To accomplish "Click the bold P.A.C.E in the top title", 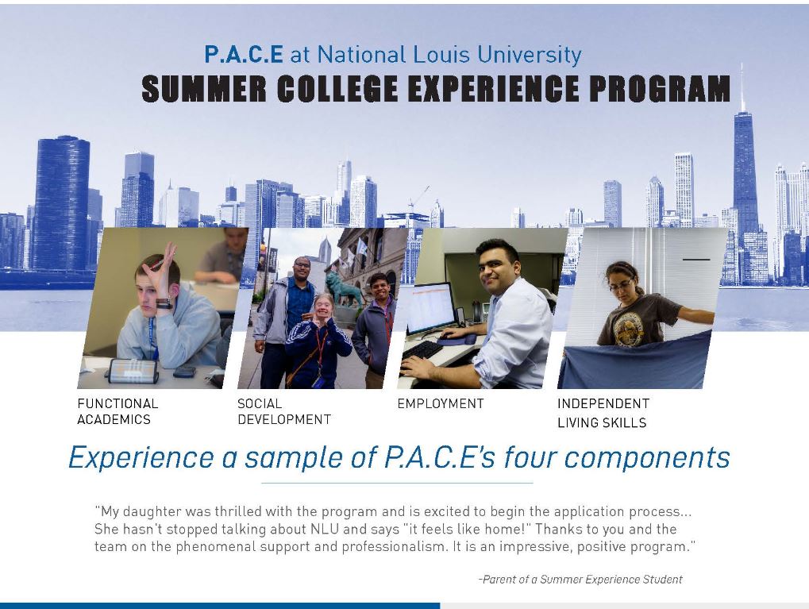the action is (x=244, y=54).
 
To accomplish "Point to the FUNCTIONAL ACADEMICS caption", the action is (x=117, y=411).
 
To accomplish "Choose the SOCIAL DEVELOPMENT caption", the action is (x=283, y=411).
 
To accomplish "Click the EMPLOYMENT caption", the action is (x=441, y=403).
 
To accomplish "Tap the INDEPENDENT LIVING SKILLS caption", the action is (x=603, y=413).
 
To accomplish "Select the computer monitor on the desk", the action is (x=430, y=309).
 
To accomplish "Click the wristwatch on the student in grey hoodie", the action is (x=164, y=303).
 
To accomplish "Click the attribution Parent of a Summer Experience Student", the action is (x=580, y=579).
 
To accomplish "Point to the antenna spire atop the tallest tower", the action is (x=742, y=87).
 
